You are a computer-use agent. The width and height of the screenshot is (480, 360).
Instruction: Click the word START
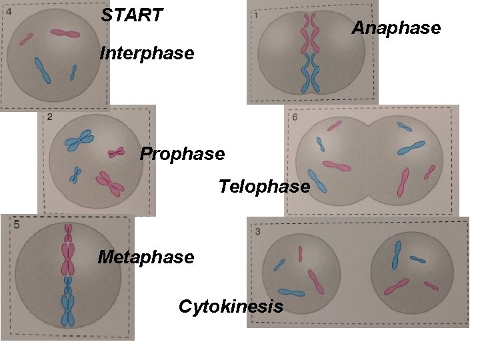click(x=132, y=15)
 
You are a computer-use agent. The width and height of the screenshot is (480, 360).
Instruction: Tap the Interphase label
click(x=147, y=53)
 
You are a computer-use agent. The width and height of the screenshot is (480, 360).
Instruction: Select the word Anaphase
click(x=396, y=28)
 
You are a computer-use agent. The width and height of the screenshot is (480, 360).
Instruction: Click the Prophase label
click(x=182, y=154)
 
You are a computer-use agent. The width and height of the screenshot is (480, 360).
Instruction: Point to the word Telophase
click(x=264, y=186)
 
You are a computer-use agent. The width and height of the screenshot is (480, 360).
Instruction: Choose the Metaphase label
click(x=146, y=256)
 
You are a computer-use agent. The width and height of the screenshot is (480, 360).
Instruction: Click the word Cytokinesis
click(x=231, y=307)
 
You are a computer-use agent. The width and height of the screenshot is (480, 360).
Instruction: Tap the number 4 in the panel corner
click(x=8, y=11)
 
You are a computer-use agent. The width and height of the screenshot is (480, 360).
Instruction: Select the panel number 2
click(x=51, y=118)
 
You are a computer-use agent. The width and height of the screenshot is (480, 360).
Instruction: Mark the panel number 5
click(x=16, y=225)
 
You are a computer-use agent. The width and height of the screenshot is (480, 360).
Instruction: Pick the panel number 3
click(x=258, y=231)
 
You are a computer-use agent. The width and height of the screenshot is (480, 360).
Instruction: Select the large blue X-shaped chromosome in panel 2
click(x=79, y=139)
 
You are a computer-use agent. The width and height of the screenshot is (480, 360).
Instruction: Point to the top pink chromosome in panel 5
click(x=68, y=233)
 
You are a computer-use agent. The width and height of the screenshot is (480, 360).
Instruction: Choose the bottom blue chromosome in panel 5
click(x=68, y=311)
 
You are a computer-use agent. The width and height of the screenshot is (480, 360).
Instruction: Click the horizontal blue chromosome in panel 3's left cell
click(x=291, y=292)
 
